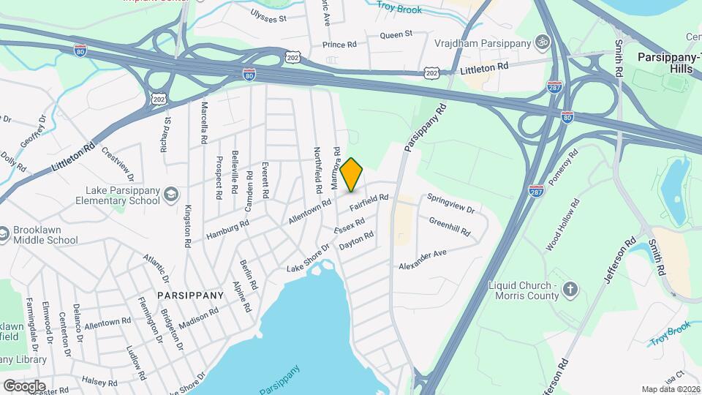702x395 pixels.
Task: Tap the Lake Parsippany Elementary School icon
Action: (x=170, y=194)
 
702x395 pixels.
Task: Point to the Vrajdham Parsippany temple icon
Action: (x=542, y=42)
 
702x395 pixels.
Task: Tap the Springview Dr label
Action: (x=451, y=203)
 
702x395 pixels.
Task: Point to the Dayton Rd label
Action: (x=358, y=241)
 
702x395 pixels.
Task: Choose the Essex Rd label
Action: (x=349, y=226)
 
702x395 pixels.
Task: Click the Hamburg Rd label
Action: (x=227, y=227)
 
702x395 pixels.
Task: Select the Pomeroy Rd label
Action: (x=563, y=168)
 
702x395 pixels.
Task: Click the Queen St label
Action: (x=396, y=34)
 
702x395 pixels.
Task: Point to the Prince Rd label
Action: (x=339, y=45)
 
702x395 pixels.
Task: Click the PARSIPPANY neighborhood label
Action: (x=190, y=296)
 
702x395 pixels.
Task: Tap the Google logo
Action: (x=23, y=385)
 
